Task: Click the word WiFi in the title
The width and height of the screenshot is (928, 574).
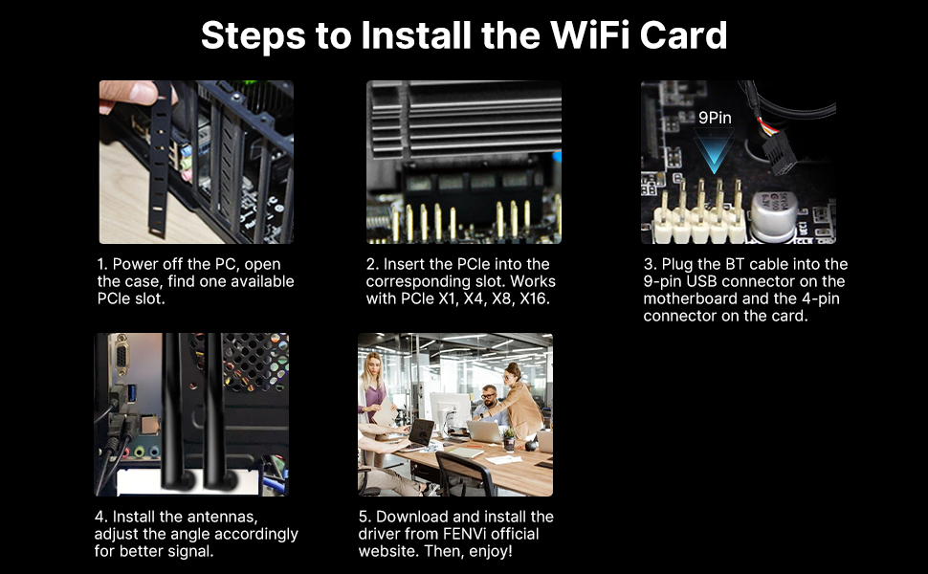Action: [x=581, y=35]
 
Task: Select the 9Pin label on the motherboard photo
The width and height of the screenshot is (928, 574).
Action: [x=715, y=119]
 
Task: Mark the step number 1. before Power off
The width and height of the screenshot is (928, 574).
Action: [x=102, y=264]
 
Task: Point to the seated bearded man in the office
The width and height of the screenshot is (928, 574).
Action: [x=488, y=402]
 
